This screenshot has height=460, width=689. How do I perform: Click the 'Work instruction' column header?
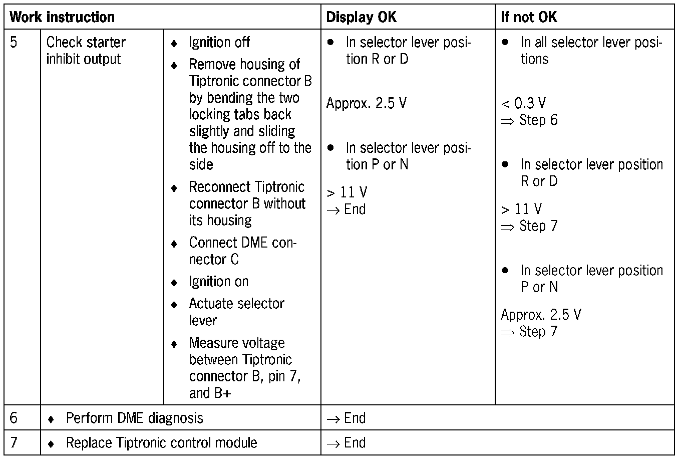pos(62,17)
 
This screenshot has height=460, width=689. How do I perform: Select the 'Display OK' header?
pos(361,17)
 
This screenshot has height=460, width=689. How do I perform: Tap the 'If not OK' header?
pos(529,17)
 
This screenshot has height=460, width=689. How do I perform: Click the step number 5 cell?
pos(14,42)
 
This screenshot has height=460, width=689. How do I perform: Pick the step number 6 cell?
pos(14,418)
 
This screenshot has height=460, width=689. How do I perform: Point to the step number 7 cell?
pos(14,442)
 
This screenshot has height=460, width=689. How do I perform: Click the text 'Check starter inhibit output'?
pos(86,51)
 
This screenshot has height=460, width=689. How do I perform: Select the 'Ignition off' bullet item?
pos(219,43)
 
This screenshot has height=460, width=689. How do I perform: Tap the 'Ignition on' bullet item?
pos(219,282)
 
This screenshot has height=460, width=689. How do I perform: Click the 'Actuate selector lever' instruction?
pos(236,312)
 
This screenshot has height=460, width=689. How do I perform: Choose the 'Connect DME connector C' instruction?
pos(242,251)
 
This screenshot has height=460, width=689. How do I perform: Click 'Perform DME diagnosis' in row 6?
pos(134,418)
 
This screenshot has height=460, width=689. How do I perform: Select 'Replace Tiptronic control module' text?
pos(161,443)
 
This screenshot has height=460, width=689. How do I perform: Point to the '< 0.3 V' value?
pos(523,103)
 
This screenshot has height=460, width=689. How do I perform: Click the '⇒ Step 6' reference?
pos(529,120)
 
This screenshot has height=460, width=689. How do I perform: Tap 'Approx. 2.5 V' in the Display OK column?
pos(366,103)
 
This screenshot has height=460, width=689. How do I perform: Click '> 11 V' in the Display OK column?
pos(347,192)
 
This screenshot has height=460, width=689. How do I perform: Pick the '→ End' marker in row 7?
pos(346,443)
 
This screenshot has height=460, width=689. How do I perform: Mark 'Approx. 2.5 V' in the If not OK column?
pos(541,315)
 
